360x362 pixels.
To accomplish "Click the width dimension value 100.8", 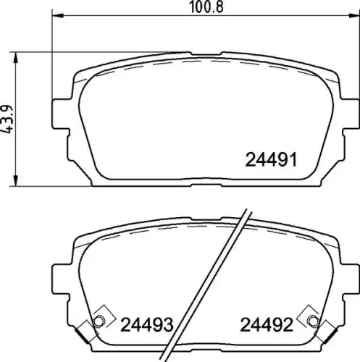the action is [x=206, y=7].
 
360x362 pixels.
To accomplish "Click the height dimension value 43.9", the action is [x=7, y=119].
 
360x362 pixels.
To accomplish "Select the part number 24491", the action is [x=271, y=160].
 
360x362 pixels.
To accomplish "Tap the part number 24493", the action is [x=147, y=324].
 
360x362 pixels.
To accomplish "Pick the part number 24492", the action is [x=267, y=324].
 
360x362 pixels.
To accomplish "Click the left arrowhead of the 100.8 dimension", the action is [x=57, y=16].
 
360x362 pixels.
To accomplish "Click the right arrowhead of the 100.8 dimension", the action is [x=354, y=16].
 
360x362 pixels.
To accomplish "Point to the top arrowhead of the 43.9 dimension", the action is [x=16, y=57].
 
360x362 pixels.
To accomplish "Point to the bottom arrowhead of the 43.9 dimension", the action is [x=16, y=180].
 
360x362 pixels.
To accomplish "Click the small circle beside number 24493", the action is [x=99, y=321].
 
